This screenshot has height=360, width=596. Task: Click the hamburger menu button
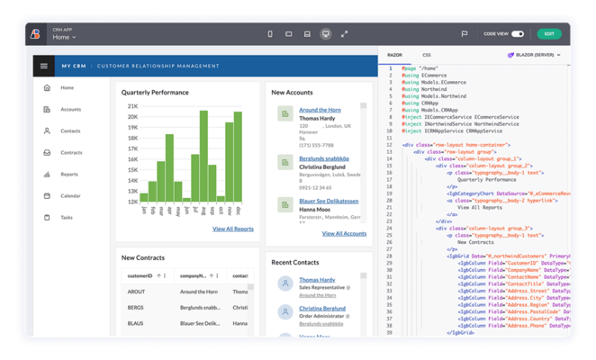(x=43, y=66)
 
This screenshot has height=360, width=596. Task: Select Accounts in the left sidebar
(x=70, y=110)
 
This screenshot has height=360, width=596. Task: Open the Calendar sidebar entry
(x=70, y=195)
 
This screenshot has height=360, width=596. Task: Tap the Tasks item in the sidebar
(x=67, y=217)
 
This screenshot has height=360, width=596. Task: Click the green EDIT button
(x=548, y=34)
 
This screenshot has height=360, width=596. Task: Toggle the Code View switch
(x=518, y=34)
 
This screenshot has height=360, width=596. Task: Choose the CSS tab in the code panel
(x=427, y=55)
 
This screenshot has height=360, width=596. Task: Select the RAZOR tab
(x=394, y=55)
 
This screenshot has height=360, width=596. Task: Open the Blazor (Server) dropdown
(x=534, y=55)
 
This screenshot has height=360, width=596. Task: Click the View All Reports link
(x=232, y=229)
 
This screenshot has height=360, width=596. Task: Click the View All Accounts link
(x=344, y=233)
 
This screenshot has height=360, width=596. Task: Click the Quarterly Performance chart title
(x=155, y=92)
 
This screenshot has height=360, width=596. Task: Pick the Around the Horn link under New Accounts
(x=320, y=110)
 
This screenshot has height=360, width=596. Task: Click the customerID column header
(x=140, y=276)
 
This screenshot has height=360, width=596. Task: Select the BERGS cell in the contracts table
(x=136, y=308)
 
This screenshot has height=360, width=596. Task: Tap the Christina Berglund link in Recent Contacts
(x=322, y=308)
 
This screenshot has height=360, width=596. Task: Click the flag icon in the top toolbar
(x=465, y=34)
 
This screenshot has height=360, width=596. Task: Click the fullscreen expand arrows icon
(x=344, y=34)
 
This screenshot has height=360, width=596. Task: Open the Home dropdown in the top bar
(x=64, y=38)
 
